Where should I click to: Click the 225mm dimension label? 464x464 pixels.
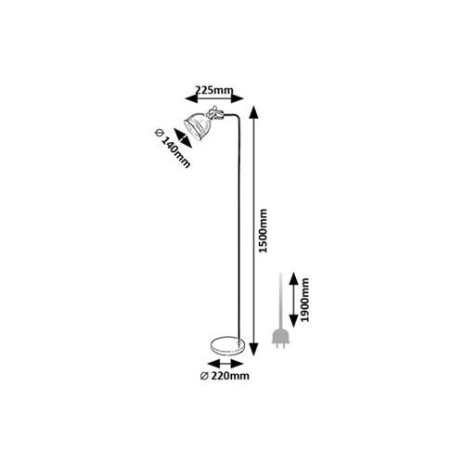[x=214, y=90]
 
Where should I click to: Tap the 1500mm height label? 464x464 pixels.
[x=263, y=231]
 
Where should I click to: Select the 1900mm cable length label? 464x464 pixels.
[x=305, y=300]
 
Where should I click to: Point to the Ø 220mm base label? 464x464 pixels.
[x=225, y=376]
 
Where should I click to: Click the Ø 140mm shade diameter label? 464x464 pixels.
[x=173, y=148]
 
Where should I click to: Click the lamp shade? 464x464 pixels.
[x=196, y=124]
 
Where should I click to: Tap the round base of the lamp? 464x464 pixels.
[x=227, y=345]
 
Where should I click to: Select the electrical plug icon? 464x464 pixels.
[x=280, y=339]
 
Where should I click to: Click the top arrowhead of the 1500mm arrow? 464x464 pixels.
[x=254, y=112]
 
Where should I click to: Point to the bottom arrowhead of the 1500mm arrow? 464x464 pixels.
[x=254, y=349]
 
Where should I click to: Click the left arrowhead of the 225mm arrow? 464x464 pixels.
[x=191, y=98]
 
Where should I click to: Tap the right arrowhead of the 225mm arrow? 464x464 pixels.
[x=238, y=98]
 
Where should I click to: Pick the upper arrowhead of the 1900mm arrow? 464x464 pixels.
[x=293, y=279]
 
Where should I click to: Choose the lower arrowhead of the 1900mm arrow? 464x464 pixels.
[x=293, y=321]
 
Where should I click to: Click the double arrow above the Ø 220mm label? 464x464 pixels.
[x=226, y=363]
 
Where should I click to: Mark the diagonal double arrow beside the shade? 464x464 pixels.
[x=183, y=138]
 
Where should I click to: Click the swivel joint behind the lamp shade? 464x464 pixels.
[x=215, y=113]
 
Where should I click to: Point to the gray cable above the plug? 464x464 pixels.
[x=280, y=301]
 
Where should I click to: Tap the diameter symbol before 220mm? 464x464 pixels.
[x=204, y=376]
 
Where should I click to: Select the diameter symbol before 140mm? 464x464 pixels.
[x=159, y=133]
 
